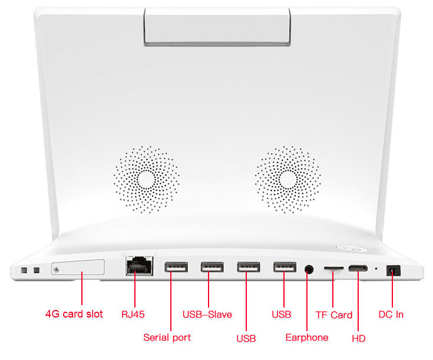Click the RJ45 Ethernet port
(139, 266)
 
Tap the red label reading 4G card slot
(74, 314)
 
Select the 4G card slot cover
(78, 267)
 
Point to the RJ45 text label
(133, 315)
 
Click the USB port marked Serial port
(176, 267)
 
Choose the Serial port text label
(167, 338)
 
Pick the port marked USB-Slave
(212, 267)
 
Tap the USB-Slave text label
(207, 315)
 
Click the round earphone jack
(309, 269)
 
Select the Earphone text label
(307, 338)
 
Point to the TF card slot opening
(333, 268)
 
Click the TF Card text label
(334, 315)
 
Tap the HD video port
(358, 268)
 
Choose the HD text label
(359, 338)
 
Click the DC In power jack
(394, 270)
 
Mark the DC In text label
(391, 315)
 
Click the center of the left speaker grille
(146, 180)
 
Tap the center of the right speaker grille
(287, 180)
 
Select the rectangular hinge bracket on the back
(217, 27)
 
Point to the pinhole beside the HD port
(376, 268)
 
